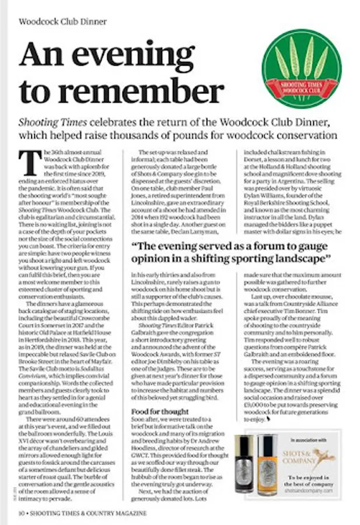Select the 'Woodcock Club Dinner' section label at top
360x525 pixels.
(x=63, y=22)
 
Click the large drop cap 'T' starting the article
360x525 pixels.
(x=28, y=160)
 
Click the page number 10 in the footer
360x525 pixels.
(x=20, y=513)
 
